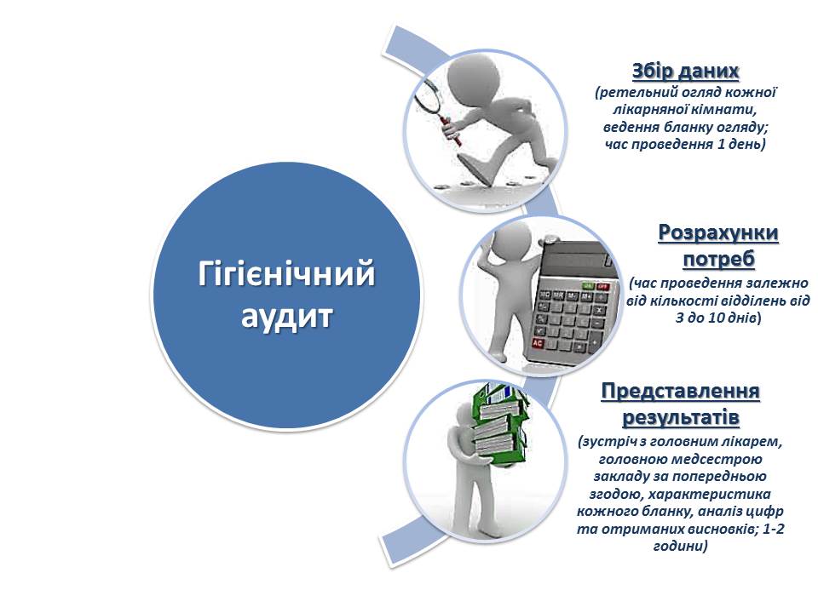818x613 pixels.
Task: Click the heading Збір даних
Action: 685,71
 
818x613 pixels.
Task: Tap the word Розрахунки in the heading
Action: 718,232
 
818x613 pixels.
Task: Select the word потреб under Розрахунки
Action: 719,259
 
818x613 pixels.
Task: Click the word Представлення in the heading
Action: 680,391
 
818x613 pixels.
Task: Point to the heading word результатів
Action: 681,417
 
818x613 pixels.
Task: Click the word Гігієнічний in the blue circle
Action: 286,273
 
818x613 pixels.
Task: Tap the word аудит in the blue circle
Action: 286,316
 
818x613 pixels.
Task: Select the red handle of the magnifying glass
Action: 452,132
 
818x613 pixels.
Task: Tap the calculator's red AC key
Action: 538,343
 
